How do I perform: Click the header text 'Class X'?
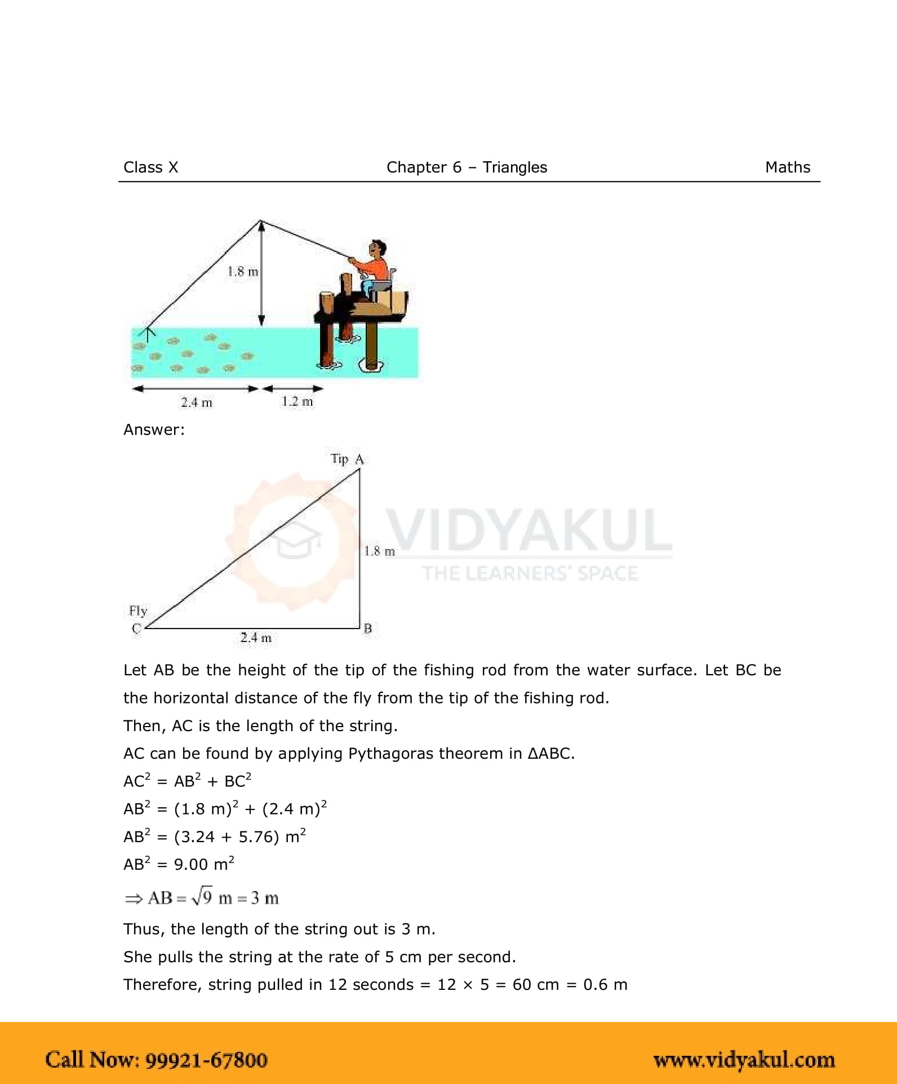[x=150, y=167]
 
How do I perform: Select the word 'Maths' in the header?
[x=787, y=167]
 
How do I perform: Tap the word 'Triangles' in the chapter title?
[x=514, y=167]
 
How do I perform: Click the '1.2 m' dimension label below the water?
[x=297, y=401]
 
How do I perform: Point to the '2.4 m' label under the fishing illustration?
[x=197, y=402]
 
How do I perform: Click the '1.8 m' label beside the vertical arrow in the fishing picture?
[x=243, y=272]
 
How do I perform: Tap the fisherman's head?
[x=377, y=248]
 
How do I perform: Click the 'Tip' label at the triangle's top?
[x=339, y=459]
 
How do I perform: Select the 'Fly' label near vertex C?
[x=138, y=611]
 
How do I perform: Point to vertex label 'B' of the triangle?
[x=367, y=629]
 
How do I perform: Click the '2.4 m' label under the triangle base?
[x=256, y=638]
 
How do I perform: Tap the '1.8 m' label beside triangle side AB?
[x=379, y=551]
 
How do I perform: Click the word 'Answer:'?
[x=154, y=430]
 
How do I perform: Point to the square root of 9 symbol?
[x=203, y=897]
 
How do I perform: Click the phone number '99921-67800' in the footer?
[x=207, y=1060]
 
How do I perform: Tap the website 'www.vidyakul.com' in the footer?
[x=744, y=1060]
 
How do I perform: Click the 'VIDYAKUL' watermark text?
[x=529, y=530]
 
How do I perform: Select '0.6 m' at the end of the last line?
[x=605, y=984]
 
